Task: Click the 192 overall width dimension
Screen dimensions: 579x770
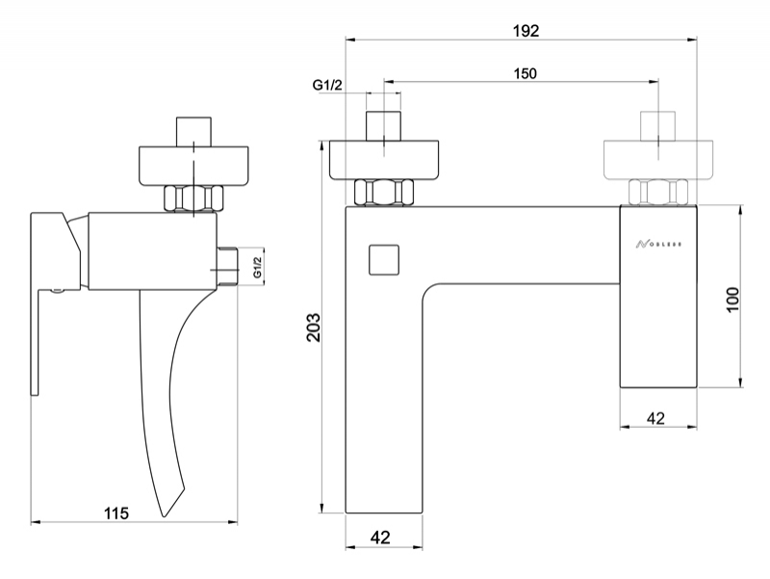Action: [526, 30]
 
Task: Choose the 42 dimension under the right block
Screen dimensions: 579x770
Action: [655, 418]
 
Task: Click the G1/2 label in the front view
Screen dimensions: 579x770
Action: [328, 86]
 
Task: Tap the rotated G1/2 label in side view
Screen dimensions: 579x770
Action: [257, 265]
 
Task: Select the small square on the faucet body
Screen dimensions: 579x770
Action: [383, 260]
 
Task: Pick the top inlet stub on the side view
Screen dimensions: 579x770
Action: [193, 130]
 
